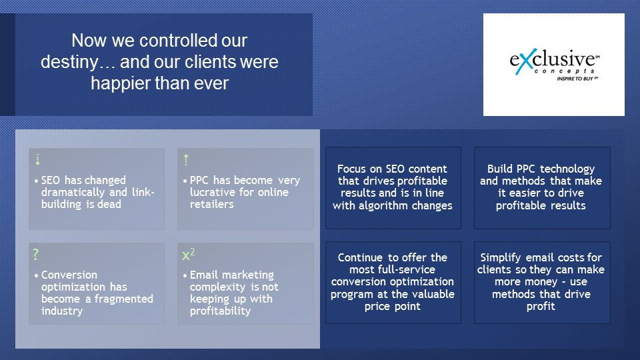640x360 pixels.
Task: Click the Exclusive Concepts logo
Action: tap(554, 65)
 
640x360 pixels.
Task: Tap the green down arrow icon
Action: tap(37, 159)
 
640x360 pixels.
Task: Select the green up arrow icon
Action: tap(186, 159)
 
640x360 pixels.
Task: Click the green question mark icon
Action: tap(36, 254)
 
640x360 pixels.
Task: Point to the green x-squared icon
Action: tap(189, 254)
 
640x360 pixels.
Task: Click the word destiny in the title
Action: tap(70, 62)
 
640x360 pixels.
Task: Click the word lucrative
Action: tap(212, 192)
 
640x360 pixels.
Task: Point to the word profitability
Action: tap(221, 311)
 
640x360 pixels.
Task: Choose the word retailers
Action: tap(212, 204)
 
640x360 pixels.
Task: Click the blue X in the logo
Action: tap(523, 62)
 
